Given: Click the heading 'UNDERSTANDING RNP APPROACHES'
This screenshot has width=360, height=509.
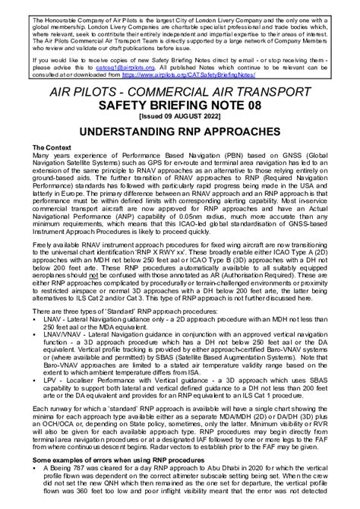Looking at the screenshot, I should (x=180, y=131).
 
